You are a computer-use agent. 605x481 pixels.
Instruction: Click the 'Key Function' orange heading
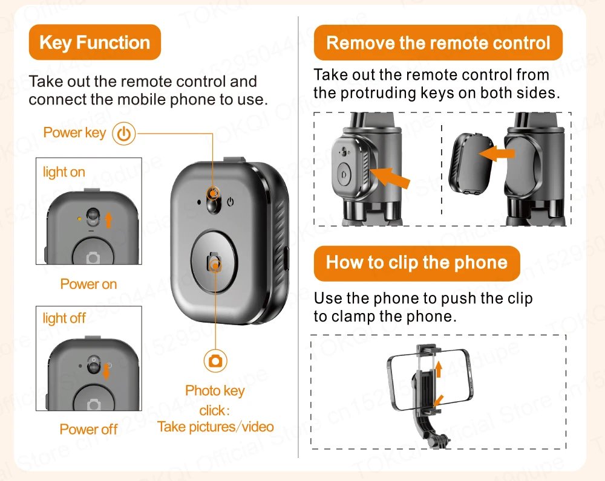point(94,42)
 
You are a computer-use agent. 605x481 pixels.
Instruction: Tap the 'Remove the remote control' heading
point(438,43)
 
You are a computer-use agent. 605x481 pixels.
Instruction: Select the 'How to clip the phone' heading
point(417,263)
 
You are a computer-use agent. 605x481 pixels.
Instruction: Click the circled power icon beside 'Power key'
point(124,134)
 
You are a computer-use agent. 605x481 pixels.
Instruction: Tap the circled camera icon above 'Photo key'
point(215,361)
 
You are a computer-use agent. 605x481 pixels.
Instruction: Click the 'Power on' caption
point(88,284)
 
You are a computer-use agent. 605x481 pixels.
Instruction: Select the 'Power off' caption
point(88,429)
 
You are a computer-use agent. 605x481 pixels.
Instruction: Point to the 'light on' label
point(64,172)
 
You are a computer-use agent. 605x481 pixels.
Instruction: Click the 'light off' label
point(64,318)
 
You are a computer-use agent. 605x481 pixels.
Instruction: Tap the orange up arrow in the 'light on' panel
point(108,220)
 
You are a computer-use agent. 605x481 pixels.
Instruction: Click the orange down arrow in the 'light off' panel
point(106,371)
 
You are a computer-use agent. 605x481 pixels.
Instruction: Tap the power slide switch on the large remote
point(214,199)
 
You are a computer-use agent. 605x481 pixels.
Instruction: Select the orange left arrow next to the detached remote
point(497,153)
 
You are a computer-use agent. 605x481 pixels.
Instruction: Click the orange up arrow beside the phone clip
point(438,369)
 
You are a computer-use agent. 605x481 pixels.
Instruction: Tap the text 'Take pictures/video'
point(215,427)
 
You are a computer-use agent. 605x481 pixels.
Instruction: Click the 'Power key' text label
point(74,132)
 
